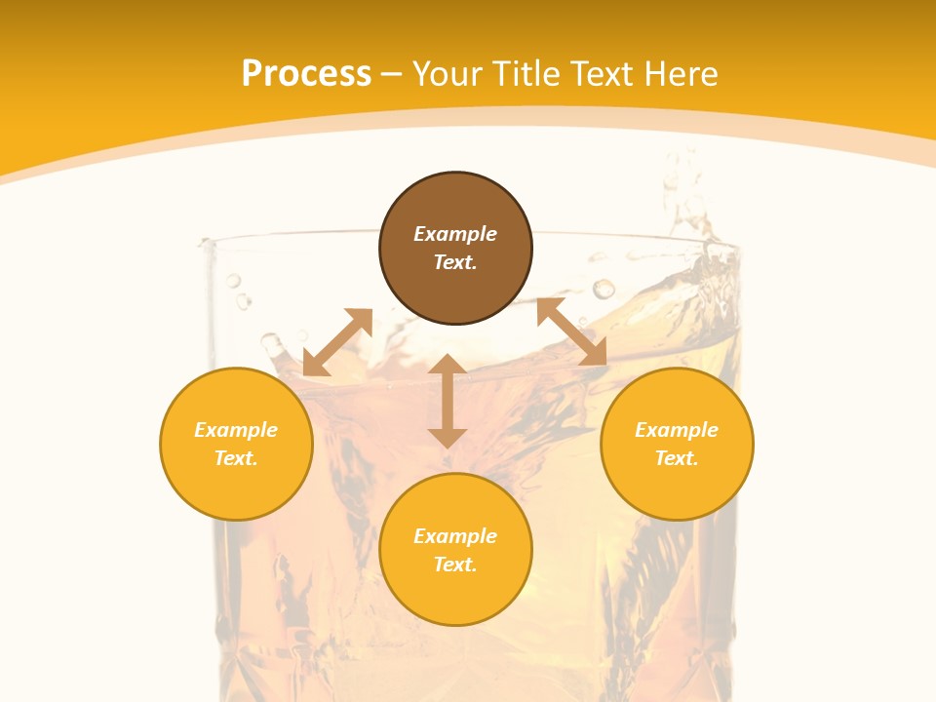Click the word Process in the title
[x=306, y=74]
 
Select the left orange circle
[x=236, y=487]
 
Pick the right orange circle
[x=677, y=487]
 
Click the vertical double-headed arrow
[x=448, y=401]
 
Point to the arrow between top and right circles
[x=571, y=332]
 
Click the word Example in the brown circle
[x=455, y=234]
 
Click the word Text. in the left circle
[x=236, y=458]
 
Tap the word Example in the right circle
[x=677, y=430]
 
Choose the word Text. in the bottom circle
[x=455, y=565]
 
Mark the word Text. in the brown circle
[x=455, y=262]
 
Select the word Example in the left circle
[x=236, y=430]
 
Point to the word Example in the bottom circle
[x=455, y=536]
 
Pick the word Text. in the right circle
[x=677, y=458]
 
